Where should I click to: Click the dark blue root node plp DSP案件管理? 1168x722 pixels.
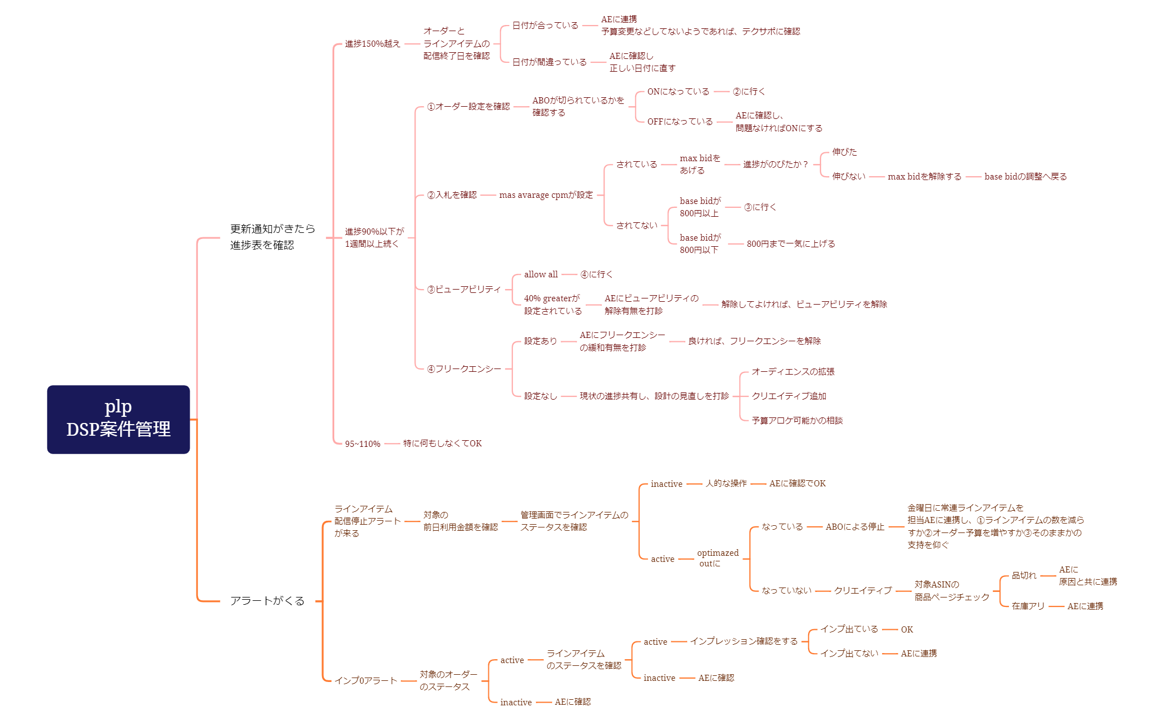(118, 419)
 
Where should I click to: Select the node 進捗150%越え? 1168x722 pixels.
(372, 43)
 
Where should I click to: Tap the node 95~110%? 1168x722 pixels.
(362, 444)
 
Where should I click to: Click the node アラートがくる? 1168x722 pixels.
(267, 600)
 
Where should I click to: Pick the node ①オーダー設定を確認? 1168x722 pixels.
(468, 106)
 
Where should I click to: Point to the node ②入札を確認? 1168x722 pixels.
(452, 195)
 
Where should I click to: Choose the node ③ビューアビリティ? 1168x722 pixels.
(463, 289)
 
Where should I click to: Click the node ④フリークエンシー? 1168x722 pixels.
(463, 369)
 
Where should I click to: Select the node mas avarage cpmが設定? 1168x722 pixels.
(546, 195)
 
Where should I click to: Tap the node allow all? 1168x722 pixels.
(541, 274)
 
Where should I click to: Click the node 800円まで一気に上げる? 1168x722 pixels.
(790, 243)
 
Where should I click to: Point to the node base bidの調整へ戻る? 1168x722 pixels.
(1025, 176)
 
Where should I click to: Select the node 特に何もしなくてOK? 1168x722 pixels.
(442, 443)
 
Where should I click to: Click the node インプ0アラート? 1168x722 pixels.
(365, 680)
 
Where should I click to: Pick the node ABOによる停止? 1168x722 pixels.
(854, 526)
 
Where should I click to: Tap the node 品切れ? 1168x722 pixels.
(1023, 575)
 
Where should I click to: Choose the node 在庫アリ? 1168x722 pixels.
(1028, 606)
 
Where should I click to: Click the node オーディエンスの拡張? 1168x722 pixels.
(793, 371)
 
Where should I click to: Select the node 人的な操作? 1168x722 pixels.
(726, 484)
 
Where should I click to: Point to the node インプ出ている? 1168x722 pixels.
(849, 629)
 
